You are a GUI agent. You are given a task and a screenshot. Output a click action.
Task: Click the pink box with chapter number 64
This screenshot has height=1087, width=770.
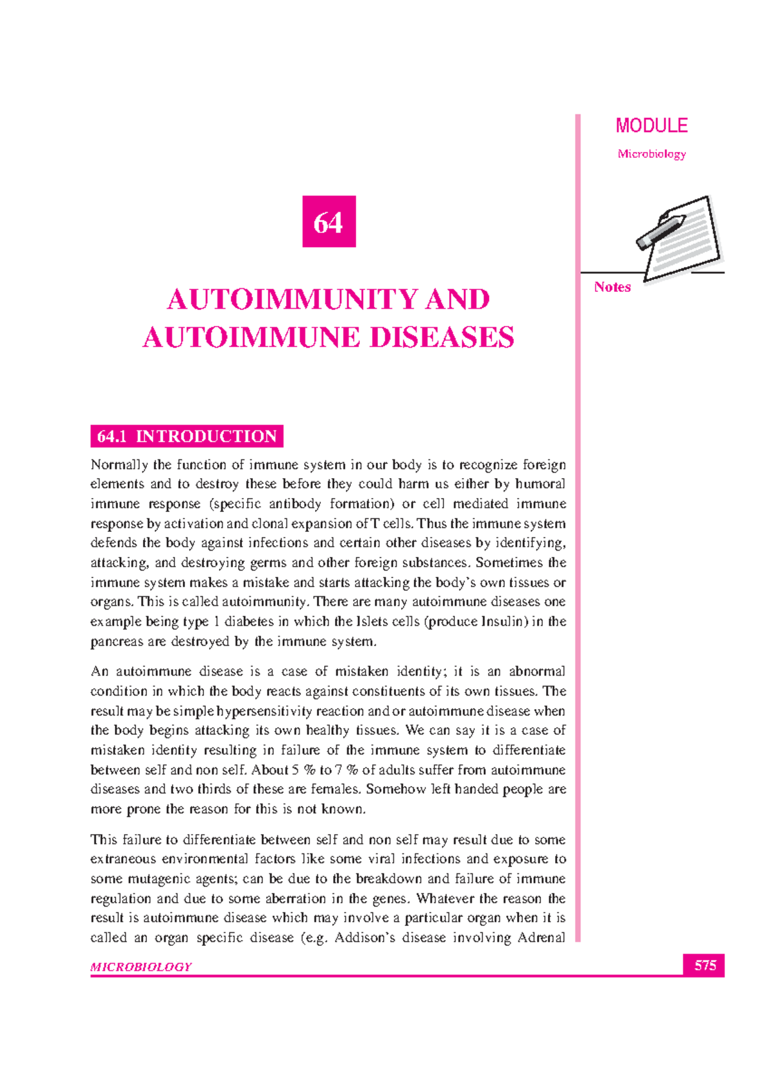(x=329, y=221)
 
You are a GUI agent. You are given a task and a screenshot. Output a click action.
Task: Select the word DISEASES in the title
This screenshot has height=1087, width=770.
(x=442, y=338)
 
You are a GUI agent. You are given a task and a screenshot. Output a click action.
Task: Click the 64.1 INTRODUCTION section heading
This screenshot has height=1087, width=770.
(x=187, y=436)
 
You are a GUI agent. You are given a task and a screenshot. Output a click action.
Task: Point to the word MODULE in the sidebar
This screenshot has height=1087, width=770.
(x=651, y=126)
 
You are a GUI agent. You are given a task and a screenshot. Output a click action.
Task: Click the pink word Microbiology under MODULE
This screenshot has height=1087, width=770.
(x=651, y=154)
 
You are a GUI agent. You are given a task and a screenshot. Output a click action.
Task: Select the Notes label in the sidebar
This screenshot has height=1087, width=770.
(x=612, y=287)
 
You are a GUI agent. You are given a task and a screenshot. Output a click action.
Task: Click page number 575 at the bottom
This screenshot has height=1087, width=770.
(x=705, y=965)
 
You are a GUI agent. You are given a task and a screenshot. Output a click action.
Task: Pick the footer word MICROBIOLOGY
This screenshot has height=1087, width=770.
(x=141, y=967)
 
